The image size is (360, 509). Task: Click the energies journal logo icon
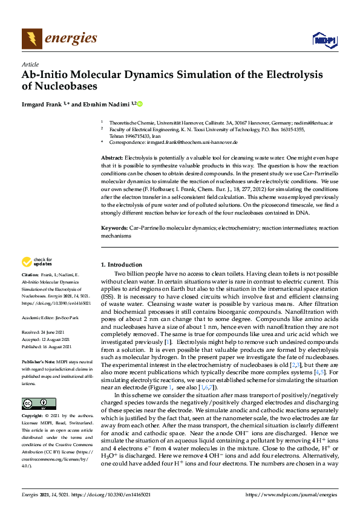tap(31, 39)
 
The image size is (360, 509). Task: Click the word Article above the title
tap(30, 64)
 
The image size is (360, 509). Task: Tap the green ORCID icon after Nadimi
tap(140, 104)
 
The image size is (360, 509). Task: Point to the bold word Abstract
tap(112, 157)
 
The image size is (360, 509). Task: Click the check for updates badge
tap(36, 262)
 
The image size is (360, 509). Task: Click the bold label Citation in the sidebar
tap(31, 276)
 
